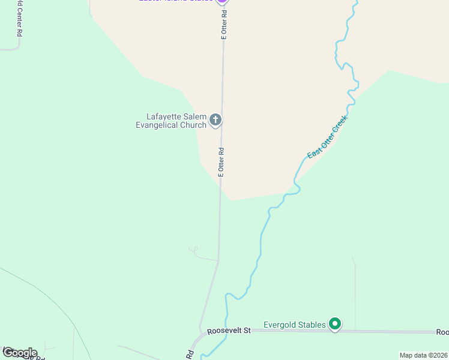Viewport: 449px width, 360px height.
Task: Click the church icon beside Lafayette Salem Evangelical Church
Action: (215, 121)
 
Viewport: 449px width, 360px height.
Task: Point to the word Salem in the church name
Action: (195, 116)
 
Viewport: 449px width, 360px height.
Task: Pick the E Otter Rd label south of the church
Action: (221, 161)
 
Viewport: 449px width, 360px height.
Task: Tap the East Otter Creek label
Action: (327, 137)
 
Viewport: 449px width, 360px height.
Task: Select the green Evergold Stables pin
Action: (336, 325)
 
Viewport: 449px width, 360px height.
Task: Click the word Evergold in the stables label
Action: (282, 325)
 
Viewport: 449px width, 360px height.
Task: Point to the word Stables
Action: (313, 325)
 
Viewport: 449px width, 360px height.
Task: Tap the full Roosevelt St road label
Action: (228, 331)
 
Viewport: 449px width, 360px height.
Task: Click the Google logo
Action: (19, 353)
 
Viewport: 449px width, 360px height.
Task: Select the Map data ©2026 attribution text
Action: (423, 355)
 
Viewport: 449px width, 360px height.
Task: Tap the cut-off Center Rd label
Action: (19, 18)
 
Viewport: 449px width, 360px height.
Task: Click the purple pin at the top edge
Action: (222, 2)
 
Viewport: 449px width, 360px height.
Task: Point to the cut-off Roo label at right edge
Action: (442, 332)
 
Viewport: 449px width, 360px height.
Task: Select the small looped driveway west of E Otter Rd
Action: (194, 250)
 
